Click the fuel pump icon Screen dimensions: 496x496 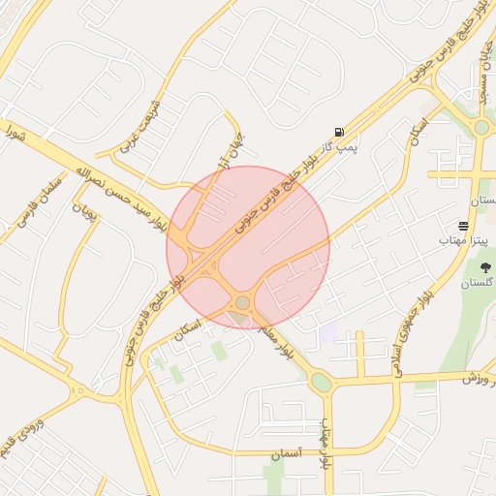[337, 132]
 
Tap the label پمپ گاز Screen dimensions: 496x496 [340, 148]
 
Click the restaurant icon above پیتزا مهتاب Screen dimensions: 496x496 [464, 226]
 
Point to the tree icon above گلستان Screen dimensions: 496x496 [485, 267]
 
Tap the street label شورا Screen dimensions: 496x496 [19, 130]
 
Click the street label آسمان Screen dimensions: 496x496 [288, 452]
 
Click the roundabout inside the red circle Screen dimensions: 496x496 [242, 304]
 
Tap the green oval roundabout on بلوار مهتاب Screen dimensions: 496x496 [321, 383]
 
